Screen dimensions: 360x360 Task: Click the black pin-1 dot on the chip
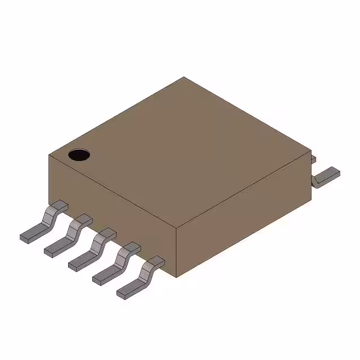pos(79,154)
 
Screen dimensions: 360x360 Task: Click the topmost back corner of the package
pos(183,78)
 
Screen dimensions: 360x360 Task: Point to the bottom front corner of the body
pos(177,277)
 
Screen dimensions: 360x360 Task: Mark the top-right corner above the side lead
pos(311,151)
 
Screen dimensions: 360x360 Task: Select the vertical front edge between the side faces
pos(177,253)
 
